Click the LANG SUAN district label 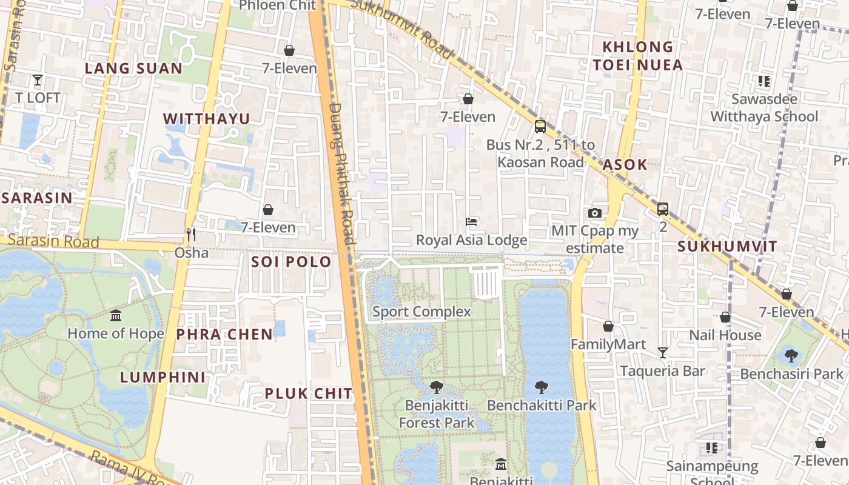tap(133, 69)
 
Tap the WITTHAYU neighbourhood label tap(207, 119)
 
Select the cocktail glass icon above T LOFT tap(38, 79)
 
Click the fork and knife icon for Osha tap(191, 235)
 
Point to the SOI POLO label tap(291, 262)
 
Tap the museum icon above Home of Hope tap(116, 316)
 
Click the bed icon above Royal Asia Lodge tap(471, 222)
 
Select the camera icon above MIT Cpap tap(595, 213)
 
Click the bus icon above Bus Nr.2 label tap(540, 127)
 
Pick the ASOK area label tap(625, 165)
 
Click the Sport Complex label tap(421, 312)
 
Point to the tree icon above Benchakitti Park tap(542, 387)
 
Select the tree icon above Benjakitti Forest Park tap(436, 387)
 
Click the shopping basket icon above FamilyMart tap(608, 327)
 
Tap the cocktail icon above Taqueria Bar tap(663, 353)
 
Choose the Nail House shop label tap(725, 335)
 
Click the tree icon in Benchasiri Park tap(791, 355)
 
